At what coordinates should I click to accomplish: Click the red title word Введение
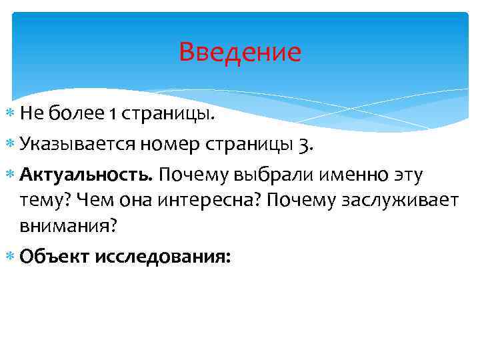tap(240, 52)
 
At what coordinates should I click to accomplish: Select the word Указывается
tap(78, 144)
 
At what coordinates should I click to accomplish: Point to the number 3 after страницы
tap(304, 144)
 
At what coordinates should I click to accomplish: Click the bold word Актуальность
tap(87, 175)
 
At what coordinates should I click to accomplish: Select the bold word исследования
tap(164, 257)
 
